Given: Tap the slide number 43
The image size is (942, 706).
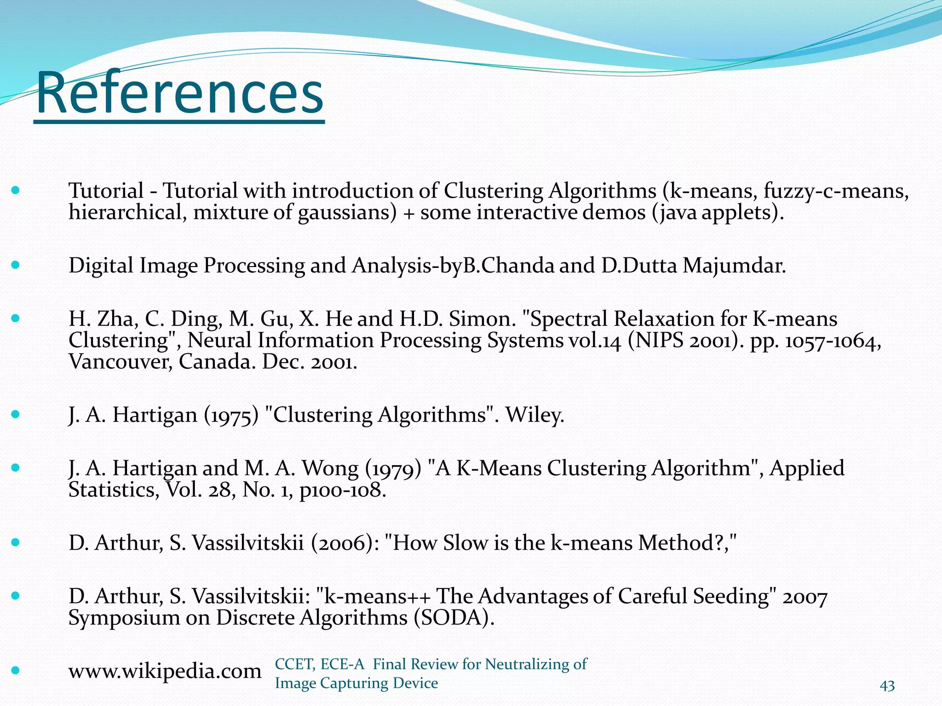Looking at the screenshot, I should [x=887, y=686].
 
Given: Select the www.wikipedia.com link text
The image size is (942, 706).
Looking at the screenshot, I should [x=165, y=672].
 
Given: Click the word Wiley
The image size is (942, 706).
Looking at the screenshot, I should [x=534, y=415].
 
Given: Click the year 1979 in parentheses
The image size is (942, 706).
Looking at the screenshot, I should [x=393, y=469].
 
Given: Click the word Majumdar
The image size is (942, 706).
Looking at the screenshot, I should [x=734, y=266].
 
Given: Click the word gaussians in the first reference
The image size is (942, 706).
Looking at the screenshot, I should [x=347, y=213].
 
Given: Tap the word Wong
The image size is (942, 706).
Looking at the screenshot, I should [x=330, y=468].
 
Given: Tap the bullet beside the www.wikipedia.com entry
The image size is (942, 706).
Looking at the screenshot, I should [x=16, y=670].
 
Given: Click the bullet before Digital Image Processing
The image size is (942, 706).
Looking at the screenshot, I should [x=16, y=265].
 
